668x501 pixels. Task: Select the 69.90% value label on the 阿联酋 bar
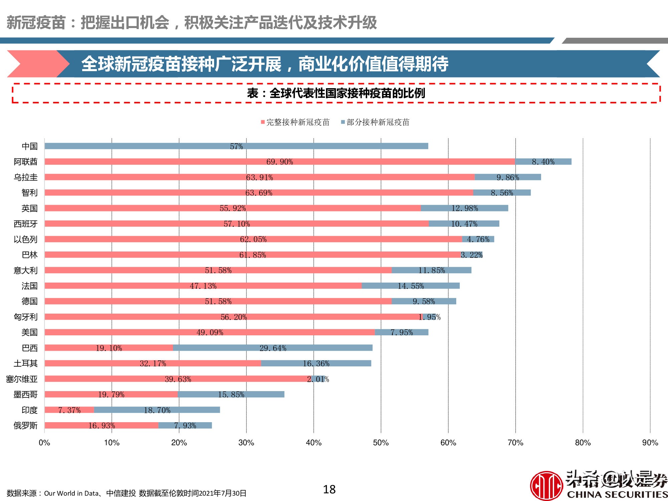tap(280, 162)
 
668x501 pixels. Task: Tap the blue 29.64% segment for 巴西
tap(273, 348)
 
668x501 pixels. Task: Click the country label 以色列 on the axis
tap(25, 239)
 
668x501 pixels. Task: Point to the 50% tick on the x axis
tap(381, 443)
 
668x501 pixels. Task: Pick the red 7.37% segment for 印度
tap(69, 410)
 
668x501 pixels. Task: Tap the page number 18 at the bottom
tap(329, 489)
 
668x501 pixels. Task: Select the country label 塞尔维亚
tap(22, 379)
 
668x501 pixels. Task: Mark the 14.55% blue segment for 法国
tap(410, 286)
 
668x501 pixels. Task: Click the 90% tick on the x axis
tap(650, 443)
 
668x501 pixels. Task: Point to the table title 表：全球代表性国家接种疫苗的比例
tap(336, 93)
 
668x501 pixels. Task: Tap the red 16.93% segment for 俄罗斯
tap(102, 425)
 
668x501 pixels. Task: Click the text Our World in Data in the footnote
tap(71, 493)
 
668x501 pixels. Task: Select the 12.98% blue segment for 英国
tap(465, 208)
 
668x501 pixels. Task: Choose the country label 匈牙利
tap(25, 317)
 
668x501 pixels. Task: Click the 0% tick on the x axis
tap(44, 443)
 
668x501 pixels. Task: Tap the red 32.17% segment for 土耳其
tap(153, 363)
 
